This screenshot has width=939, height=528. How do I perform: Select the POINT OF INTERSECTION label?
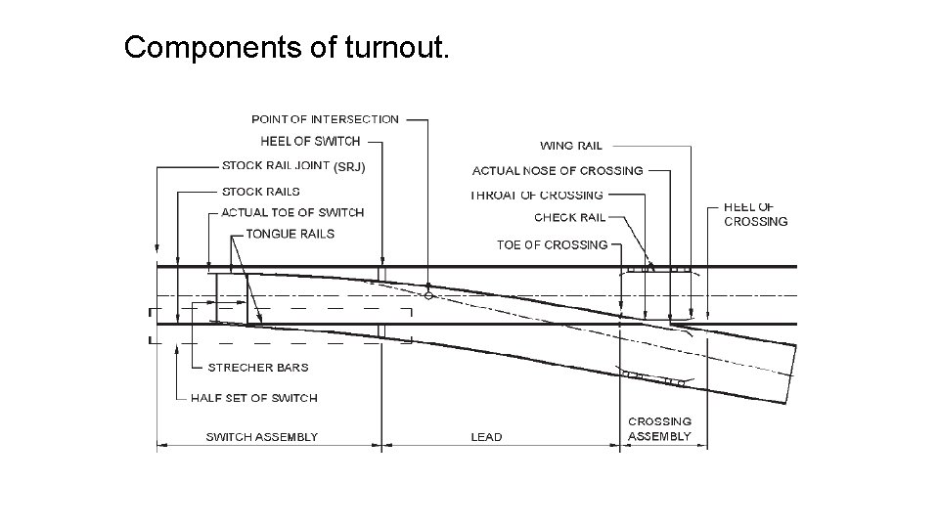click(x=325, y=119)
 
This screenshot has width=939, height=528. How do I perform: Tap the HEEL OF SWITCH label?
click(x=310, y=142)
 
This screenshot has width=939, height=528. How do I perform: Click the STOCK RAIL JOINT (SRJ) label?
click(x=293, y=166)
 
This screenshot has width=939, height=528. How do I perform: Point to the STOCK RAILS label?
click(x=261, y=192)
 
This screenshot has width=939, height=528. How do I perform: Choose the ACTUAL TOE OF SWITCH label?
click(x=292, y=212)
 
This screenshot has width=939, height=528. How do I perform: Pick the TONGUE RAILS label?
click(x=290, y=234)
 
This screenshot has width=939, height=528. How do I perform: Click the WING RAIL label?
click(x=571, y=146)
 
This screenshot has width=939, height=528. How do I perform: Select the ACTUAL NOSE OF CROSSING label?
click(x=558, y=171)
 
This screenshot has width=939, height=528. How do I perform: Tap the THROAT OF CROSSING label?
click(x=537, y=196)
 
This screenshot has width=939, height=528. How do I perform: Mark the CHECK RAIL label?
click(x=570, y=218)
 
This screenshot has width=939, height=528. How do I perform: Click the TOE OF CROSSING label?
click(x=552, y=244)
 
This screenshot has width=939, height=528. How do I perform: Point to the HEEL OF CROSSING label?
click(x=755, y=214)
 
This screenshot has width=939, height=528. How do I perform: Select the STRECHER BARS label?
click(x=258, y=368)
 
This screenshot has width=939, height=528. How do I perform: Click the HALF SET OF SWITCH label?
click(x=254, y=398)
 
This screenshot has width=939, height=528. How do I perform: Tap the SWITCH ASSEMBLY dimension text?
click(x=261, y=437)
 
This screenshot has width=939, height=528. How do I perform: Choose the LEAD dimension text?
click(x=486, y=437)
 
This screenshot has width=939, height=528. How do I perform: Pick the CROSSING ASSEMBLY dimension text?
click(x=659, y=429)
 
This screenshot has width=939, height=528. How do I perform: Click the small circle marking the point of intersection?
click(x=428, y=294)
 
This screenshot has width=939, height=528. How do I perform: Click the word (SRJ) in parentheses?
click(x=350, y=167)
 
